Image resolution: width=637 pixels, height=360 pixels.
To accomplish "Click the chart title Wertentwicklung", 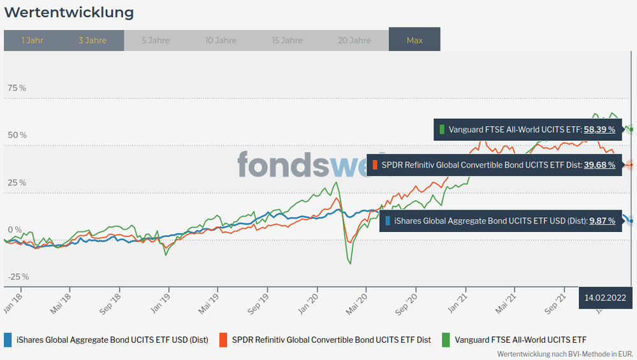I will (x=69, y=12).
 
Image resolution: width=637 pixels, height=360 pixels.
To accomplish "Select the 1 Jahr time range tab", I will (x=32, y=40).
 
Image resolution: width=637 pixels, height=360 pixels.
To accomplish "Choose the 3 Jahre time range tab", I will (x=92, y=40).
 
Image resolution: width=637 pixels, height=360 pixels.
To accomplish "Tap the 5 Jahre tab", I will (x=156, y=40).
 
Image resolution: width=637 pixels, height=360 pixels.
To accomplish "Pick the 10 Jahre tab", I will (x=221, y=40).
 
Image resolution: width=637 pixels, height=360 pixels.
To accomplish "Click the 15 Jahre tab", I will (x=287, y=40).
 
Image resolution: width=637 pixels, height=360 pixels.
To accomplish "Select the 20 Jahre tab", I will (x=354, y=40).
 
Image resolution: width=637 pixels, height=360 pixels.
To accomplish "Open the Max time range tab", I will (x=414, y=40).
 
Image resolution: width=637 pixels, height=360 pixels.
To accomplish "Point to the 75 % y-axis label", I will (x=17, y=88).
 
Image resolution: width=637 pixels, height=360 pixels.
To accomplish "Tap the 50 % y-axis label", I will (x=17, y=135).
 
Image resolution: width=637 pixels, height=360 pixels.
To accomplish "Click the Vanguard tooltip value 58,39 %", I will (x=599, y=129).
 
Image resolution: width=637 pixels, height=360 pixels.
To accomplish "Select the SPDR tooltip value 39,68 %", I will (x=599, y=165).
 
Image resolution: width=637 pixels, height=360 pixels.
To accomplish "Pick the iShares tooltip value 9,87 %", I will (x=602, y=221).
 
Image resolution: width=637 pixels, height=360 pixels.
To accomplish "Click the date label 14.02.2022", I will (x=605, y=298).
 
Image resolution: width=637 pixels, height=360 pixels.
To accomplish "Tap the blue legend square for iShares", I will (x=8, y=340).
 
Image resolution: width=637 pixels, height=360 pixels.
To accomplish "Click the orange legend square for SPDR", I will (x=223, y=340).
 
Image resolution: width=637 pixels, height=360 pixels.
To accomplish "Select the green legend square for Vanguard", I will (x=446, y=340).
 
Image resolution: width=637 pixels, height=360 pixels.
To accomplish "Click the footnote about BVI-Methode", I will (x=565, y=354).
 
